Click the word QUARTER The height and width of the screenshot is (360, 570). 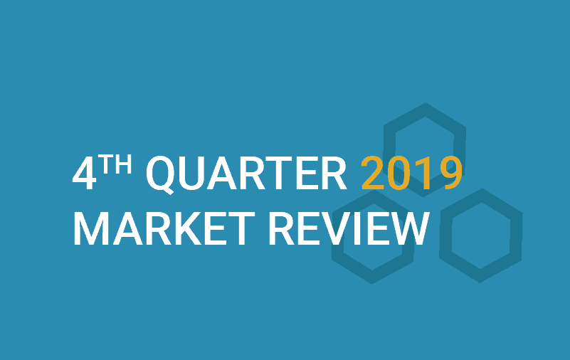(x=246, y=174)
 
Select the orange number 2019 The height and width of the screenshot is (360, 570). (x=412, y=173)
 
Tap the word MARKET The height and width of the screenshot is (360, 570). (x=164, y=229)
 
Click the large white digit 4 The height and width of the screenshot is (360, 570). (x=85, y=174)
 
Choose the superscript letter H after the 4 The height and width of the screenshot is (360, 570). (x=122, y=164)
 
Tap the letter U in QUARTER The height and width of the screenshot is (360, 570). (x=193, y=174)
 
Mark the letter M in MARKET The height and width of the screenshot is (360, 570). (x=91, y=229)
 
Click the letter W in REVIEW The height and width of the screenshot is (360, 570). (x=408, y=229)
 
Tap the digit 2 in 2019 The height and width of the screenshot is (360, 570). (x=373, y=173)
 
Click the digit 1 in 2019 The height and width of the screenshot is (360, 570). (x=423, y=173)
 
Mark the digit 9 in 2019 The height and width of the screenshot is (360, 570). (x=450, y=173)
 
